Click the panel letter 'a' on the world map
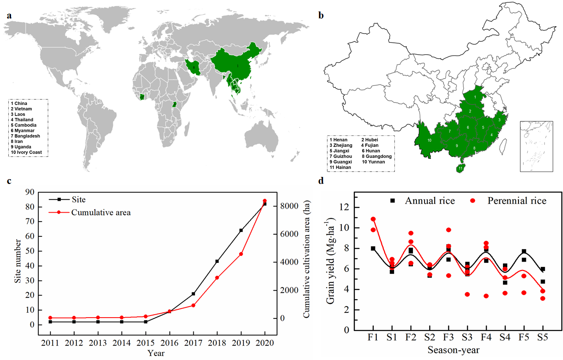click(x=9, y=16)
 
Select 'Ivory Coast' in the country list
click(x=29, y=152)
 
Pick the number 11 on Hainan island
click(x=460, y=168)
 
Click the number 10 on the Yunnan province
click(x=429, y=140)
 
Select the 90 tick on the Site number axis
click(x=29, y=192)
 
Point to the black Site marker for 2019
click(x=241, y=230)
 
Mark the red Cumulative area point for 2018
click(x=217, y=277)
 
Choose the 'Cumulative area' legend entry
click(x=101, y=212)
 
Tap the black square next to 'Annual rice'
click(x=392, y=201)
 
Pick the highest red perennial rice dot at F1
click(x=373, y=219)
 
